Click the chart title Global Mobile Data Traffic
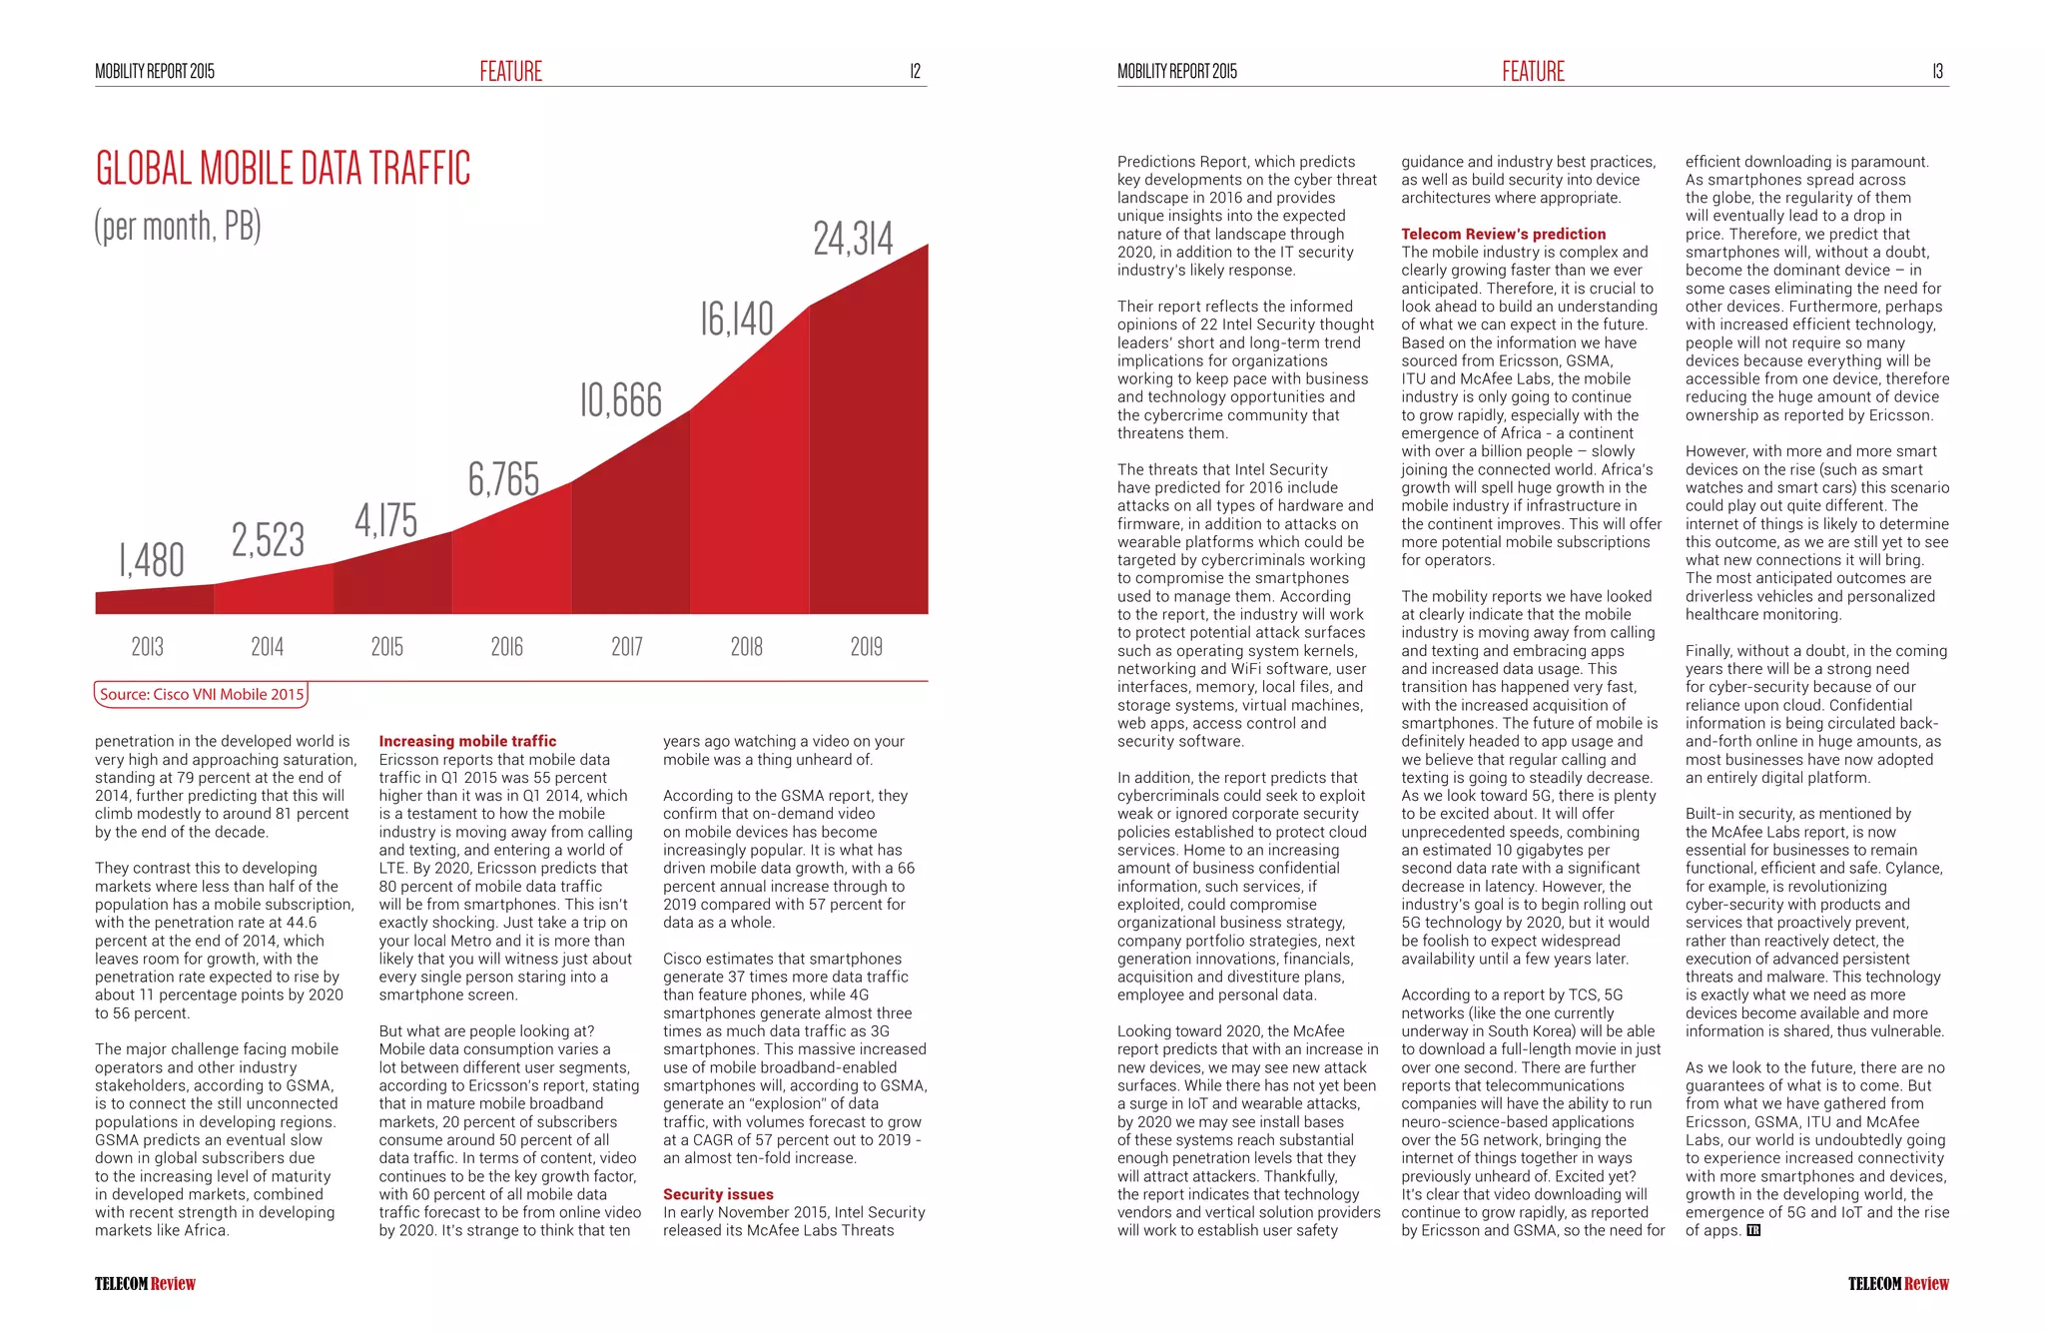click(x=283, y=169)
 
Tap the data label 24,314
click(x=853, y=240)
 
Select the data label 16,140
click(x=737, y=320)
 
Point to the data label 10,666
click(x=621, y=400)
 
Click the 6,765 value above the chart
click(x=504, y=480)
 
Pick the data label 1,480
click(x=152, y=560)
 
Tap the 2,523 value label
click(x=269, y=540)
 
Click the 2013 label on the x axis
click(x=148, y=647)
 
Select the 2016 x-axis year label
click(x=507, y=647)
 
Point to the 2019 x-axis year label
click(x=867, y=647)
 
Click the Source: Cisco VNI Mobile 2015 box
click(x=202, y=695)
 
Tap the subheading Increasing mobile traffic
click(x=467, y=741)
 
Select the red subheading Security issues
click(x=718, y=1194)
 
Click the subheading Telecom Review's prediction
click(x=1504, y=234)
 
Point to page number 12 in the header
click(x=915, y=71)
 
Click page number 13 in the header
click(x=1937, y=71)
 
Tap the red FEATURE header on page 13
click(x=1533, y=71)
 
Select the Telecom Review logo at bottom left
click(x=146, y=1284)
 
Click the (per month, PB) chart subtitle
click(x=178, y=227)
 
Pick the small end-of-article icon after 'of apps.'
click(x=1754, y=1230)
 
